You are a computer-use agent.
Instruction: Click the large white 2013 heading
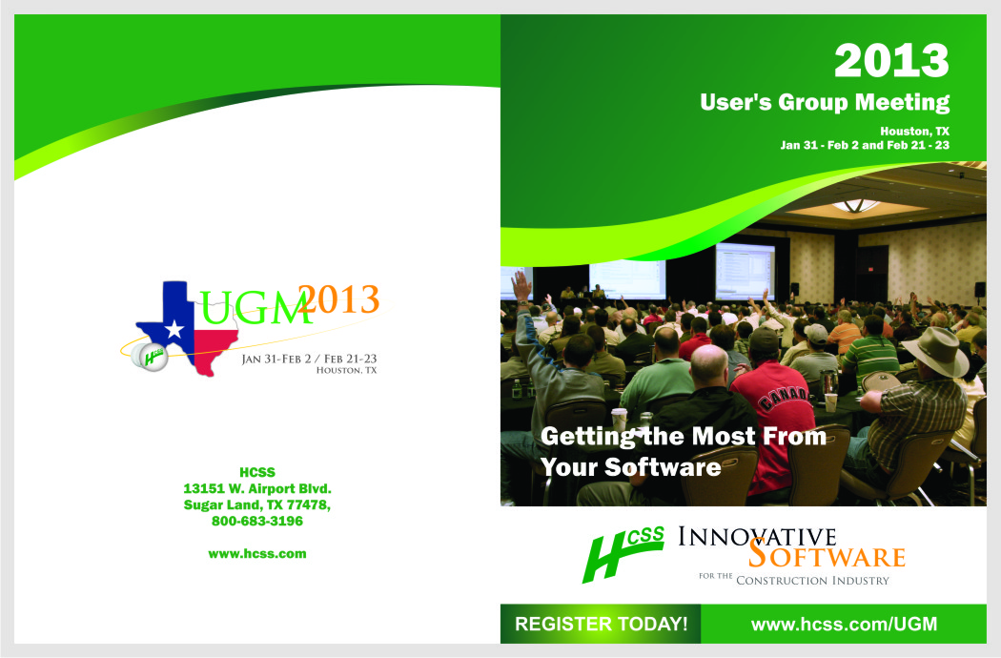click(891, 61)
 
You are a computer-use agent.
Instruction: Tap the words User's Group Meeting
click(825, 102)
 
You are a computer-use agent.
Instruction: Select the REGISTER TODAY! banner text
click(601, 624)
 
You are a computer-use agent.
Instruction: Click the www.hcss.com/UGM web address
click(844, 624)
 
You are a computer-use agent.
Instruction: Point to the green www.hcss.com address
click(257, 554)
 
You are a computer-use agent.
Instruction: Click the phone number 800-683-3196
click(257, 522)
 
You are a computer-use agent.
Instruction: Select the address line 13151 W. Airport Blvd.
click(257, 488)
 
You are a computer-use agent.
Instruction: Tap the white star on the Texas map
click(174, 330)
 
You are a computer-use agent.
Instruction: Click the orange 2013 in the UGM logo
click(339, 299)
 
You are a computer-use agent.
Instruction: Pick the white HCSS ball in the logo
click(150, 357)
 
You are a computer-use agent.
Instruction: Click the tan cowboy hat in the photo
click(936, 351)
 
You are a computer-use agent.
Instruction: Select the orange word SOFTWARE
click(827, 554)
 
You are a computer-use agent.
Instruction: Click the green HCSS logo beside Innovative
click(623, 553)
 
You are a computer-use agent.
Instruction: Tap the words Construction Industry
click(812, 581)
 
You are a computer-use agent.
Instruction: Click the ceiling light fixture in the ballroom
click(856, 206)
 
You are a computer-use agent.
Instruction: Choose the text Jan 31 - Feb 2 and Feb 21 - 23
click(865, 145)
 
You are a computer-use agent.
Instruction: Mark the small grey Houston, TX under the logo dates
click(347, 371)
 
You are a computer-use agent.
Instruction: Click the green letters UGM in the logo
click(255, 308)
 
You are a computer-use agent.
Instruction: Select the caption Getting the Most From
click(684, 437)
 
